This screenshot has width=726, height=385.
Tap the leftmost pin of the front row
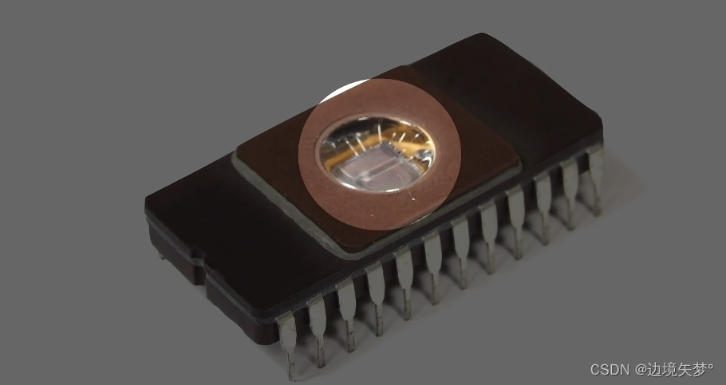(287, 344)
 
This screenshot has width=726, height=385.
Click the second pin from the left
(318, 331)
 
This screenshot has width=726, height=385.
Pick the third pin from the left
(348, 316)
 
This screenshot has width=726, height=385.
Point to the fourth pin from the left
(376, 301)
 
